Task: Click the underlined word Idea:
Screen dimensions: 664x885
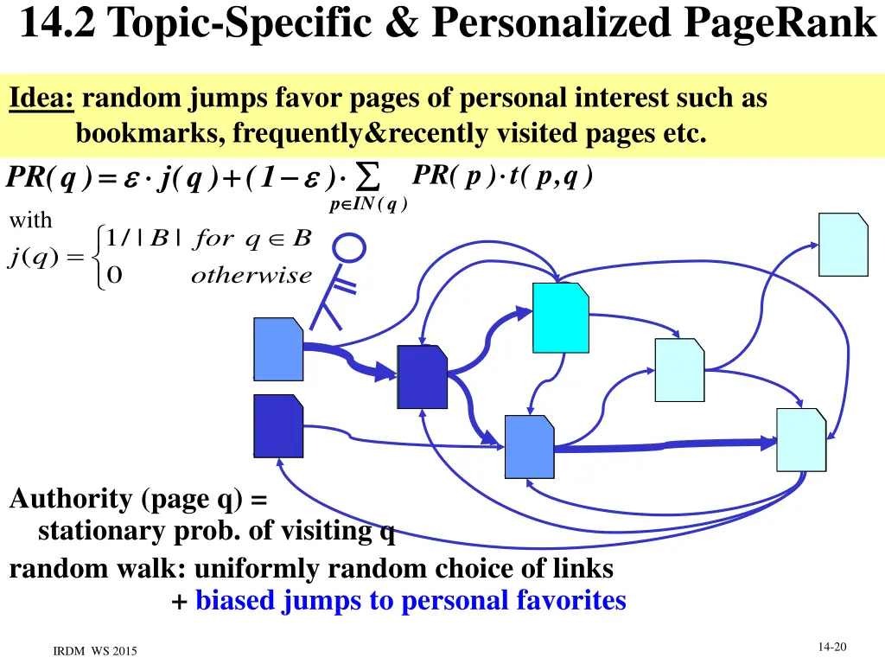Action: click(x=42, y=99)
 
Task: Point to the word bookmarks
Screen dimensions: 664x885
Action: click(x=149, y=134)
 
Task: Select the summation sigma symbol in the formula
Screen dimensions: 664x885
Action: click(x=369, y=178)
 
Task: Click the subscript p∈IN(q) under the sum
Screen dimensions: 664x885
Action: click(x=368, y=204)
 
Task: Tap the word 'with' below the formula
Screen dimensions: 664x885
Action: click(x=30, y=220)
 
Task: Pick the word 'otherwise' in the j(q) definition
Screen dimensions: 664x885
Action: click(x=251, y=276)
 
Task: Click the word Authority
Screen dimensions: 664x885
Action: click(x=71, y=499)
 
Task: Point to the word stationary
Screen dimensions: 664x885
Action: click(x=93, y=531)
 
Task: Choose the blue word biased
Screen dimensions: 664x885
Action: click(x=236, y=600)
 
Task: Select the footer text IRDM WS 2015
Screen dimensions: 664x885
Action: click(x=95, y=650)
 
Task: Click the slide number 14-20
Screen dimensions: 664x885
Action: click(x=831, y=648)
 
